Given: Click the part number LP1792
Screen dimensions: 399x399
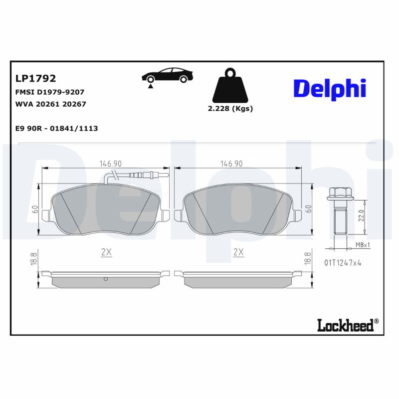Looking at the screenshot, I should click(x=36, y=78).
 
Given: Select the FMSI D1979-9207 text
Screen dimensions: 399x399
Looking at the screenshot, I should click(x=50, y=92).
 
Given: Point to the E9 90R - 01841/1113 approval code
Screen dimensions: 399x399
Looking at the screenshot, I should click(x=57, y=128).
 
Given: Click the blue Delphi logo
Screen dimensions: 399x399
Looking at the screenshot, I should click(x=329, y=88).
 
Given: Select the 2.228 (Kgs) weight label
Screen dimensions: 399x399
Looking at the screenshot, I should click(x=230, y=109).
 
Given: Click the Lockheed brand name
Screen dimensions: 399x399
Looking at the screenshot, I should click(x=345, y=326).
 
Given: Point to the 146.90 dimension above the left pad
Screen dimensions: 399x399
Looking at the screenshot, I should click(x=111, y=164).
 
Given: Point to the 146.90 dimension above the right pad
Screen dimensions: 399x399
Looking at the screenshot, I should click(x=232, y=164).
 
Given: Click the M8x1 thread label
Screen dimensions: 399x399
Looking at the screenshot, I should click(x=363, y=244).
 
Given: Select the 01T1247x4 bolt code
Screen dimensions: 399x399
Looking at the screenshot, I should click(x=343, y=262).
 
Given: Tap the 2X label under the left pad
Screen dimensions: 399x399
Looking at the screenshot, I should click(x=106, y=252).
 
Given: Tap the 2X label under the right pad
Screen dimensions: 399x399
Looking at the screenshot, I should click(x=238, y=252).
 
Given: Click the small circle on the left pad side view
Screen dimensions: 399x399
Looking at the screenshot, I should click(x=105, y=279).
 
